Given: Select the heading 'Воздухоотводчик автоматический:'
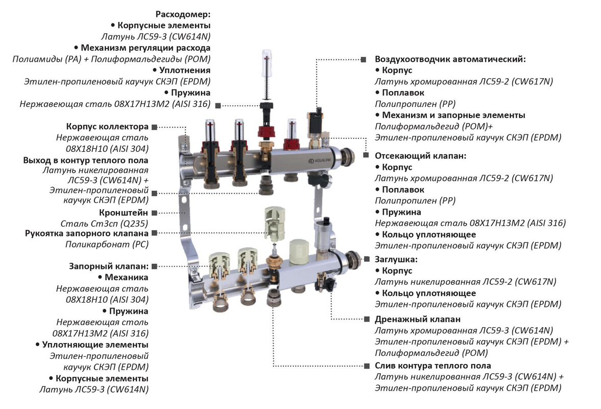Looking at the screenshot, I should [x=450, y=59].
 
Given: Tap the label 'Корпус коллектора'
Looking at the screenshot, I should [x=107, y=126].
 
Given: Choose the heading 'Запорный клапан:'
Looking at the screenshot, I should [x=109, y=266].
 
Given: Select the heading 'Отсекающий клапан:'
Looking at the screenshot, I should [x=421, y=155].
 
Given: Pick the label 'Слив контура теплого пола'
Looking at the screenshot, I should [x=433, y=366].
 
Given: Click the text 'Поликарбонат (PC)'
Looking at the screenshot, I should [x=107, y=244].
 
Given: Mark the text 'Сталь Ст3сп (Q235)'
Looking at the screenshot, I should [x=104, y=223].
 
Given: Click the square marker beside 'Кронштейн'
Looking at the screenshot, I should [x=154, y=212].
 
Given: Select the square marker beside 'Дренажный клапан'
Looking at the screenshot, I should [x=366, y=319].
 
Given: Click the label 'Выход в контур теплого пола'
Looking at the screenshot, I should [x=86, y=160].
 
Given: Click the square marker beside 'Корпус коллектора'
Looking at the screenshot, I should [x=154, y=126].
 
